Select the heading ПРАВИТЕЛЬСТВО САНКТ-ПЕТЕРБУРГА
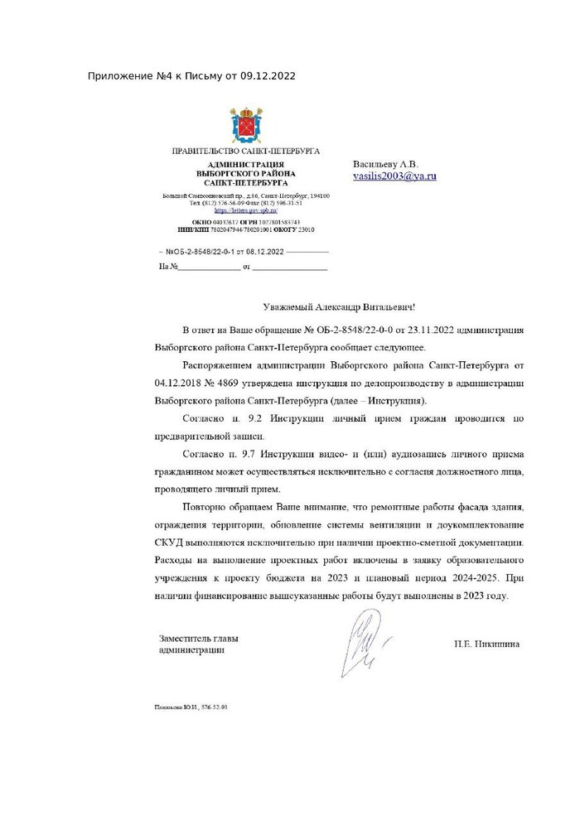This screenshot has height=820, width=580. (x=245, y=152)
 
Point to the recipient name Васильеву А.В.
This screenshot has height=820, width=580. (x=386, y=165)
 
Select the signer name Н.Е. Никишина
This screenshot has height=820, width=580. (x=487, y=643)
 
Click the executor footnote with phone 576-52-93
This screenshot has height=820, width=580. (x=190, y=707)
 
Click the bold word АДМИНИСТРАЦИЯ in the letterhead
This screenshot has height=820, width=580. (x=246, y=165)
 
